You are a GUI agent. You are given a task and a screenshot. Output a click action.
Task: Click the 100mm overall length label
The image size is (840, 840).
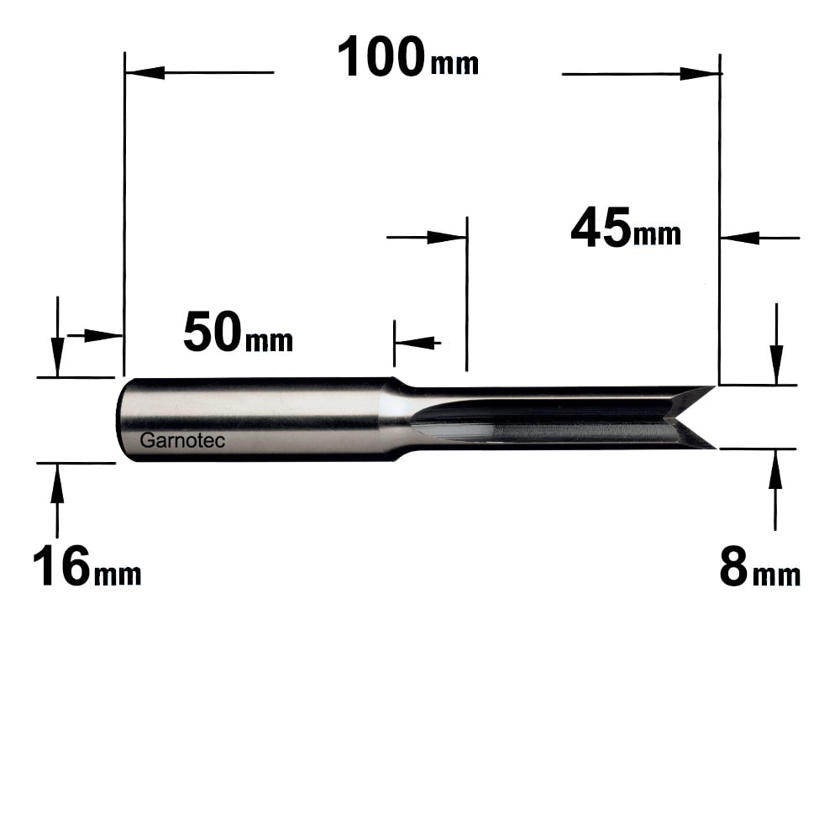[x=407, y=57]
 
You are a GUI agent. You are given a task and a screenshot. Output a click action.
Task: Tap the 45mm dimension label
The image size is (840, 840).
[x=626, y=228]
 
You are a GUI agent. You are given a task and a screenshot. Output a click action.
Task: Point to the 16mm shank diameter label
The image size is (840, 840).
[x=87, y=566]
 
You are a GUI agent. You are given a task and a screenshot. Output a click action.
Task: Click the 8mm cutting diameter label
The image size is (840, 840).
[x=759, y=568]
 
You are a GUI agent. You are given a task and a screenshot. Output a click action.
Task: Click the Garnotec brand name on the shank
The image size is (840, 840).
[x=182, y=440]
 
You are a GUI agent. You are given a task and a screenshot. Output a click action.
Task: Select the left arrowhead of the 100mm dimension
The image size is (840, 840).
[x=144, y=72]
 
